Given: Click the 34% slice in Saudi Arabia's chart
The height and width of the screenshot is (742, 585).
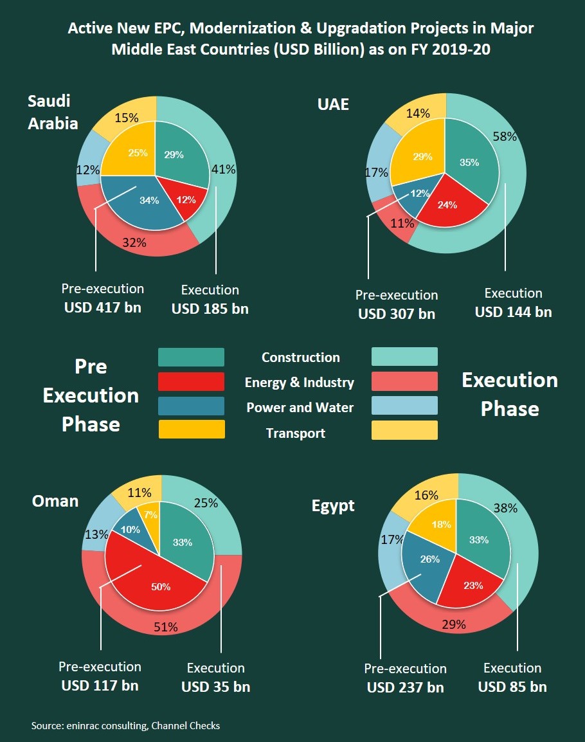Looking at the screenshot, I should [x=149, y=201].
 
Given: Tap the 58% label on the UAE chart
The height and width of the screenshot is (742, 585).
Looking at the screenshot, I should [x=504, y=136].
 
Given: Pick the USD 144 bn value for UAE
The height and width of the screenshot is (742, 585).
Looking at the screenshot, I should [x=513, y=312].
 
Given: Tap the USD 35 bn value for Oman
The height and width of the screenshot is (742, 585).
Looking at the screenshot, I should [x=215, y=687].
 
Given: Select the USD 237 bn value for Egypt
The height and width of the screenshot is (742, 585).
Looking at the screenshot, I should [x=405, y=687].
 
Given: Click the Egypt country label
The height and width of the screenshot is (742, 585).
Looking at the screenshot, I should [x=333, y=505].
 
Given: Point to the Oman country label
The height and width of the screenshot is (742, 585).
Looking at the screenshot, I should [x=55, y=501].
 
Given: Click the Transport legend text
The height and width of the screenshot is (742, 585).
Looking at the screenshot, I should [x=296, y=433].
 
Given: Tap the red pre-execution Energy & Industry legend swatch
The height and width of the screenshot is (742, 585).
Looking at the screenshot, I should [x=191, y=382].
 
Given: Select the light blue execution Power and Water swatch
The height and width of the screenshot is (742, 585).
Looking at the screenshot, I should [x=404, y=406].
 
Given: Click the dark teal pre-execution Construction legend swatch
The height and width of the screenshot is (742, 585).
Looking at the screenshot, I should [x=191, y=357].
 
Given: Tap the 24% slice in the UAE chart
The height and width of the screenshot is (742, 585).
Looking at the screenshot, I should [x=447, y=205].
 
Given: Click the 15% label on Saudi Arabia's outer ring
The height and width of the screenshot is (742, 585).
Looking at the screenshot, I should [x=126, y=118].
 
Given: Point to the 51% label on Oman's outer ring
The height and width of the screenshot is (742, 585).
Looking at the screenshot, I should [x=165, y=628].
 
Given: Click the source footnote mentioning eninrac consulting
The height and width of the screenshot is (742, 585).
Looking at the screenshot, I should [x=125, y=725].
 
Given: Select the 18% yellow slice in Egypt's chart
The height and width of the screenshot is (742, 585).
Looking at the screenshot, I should [x=440, y=524].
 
